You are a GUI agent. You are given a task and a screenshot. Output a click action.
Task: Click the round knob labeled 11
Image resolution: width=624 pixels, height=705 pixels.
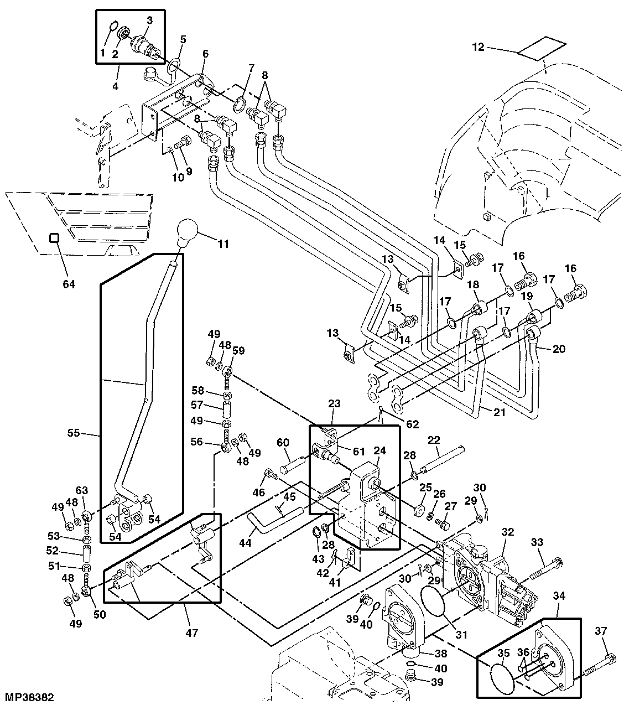coord(190,233)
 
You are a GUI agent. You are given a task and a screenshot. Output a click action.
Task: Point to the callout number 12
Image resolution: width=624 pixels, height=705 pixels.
coord(478,48)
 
